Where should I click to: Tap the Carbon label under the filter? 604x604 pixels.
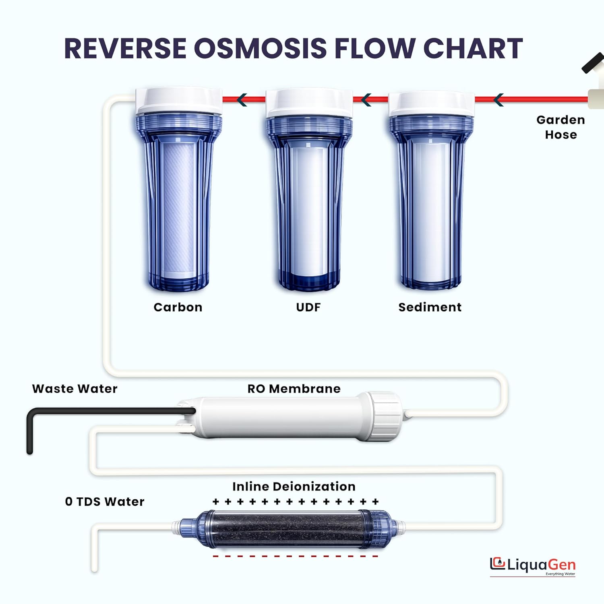[178, 307]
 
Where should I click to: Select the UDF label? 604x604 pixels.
[308, 307]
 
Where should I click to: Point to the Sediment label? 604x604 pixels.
[430, 307]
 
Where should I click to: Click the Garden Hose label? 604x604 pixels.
[561, 127]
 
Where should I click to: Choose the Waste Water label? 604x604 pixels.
[75, 389]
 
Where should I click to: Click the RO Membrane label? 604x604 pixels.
[294, 389]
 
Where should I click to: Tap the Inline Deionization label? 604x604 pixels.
[294, 486]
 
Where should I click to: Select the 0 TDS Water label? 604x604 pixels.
[105, 502]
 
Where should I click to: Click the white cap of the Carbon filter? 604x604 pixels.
[179, 101]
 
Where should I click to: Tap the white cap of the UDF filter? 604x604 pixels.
[309, 103]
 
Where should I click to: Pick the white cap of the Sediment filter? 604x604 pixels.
[431, 104]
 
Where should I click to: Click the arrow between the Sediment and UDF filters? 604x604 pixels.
[366, 99]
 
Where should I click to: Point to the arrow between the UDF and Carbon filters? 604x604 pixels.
[242, 99]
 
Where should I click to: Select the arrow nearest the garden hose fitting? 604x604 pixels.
[499, 99]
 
